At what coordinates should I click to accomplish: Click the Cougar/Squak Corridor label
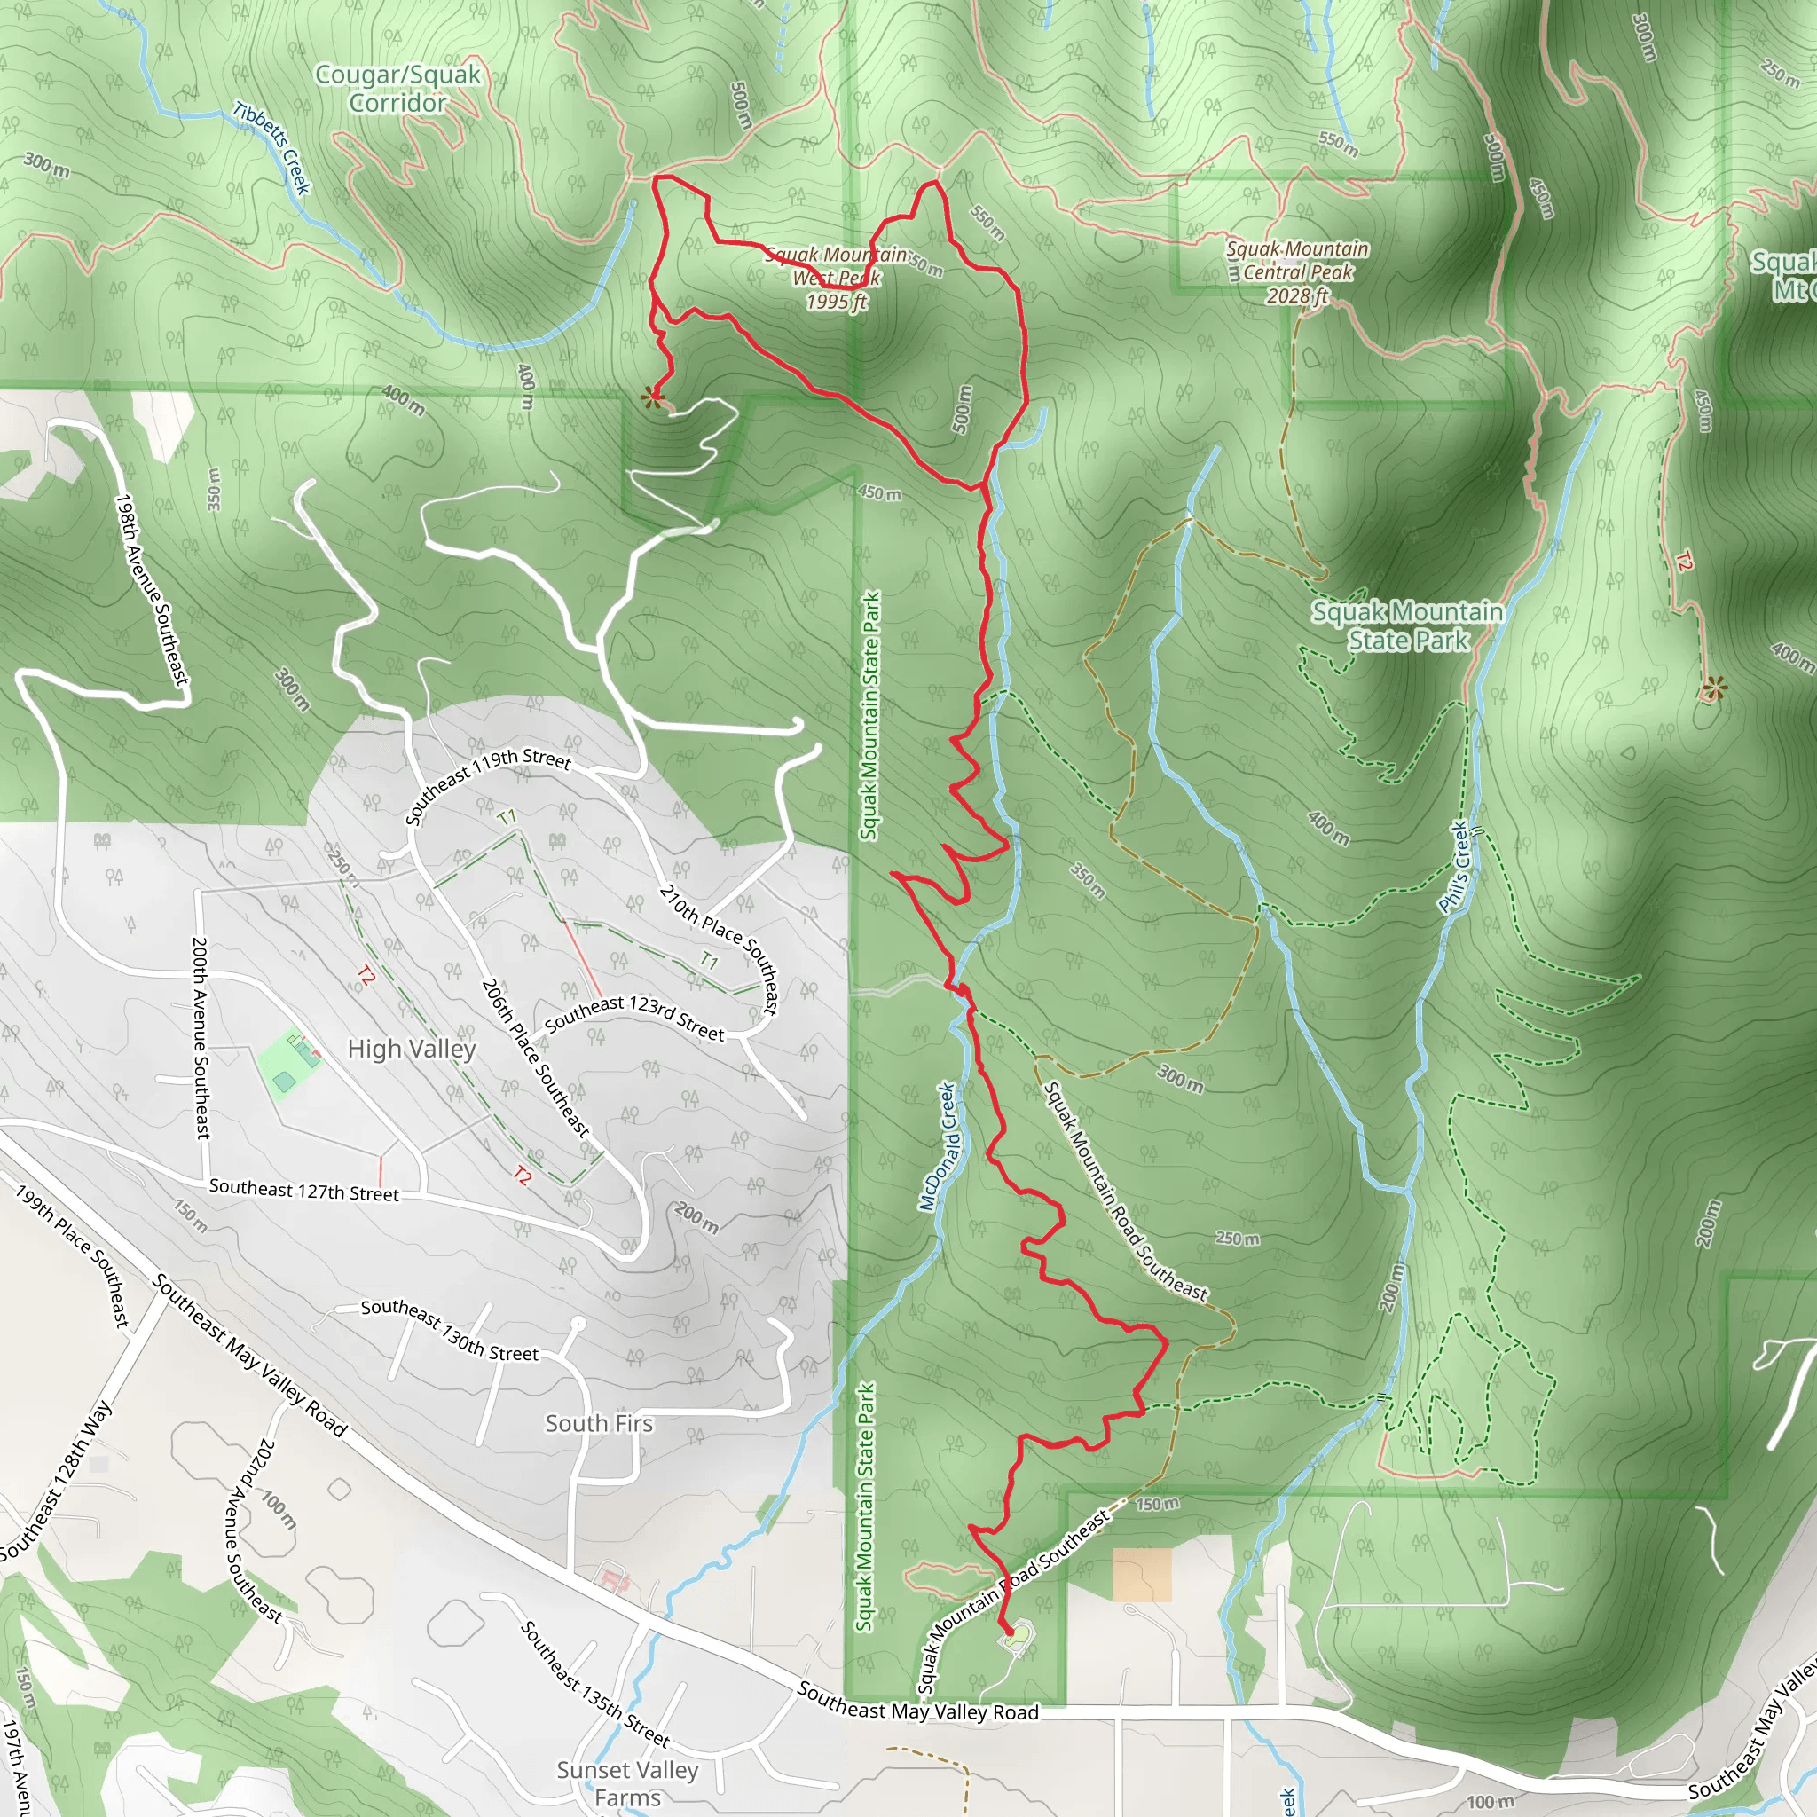point(397,89)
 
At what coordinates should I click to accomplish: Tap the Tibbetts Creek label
point(271,147)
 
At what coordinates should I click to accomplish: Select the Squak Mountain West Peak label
point(836,278)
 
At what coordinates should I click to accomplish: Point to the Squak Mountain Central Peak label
point(1297,271)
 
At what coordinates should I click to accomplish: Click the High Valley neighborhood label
point(411,1049)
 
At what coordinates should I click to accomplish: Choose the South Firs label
point(599,1423)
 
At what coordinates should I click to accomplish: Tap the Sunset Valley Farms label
point(627,1783)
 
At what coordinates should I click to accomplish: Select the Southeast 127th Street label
point(303,1191)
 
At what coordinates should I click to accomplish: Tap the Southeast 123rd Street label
point(635,1018)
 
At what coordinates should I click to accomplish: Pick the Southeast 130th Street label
point(450,1330)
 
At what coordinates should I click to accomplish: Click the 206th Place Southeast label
point(535,1058)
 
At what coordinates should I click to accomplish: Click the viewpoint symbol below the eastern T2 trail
point(1713,688)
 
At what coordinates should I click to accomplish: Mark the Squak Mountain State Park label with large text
point(1407,626)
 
